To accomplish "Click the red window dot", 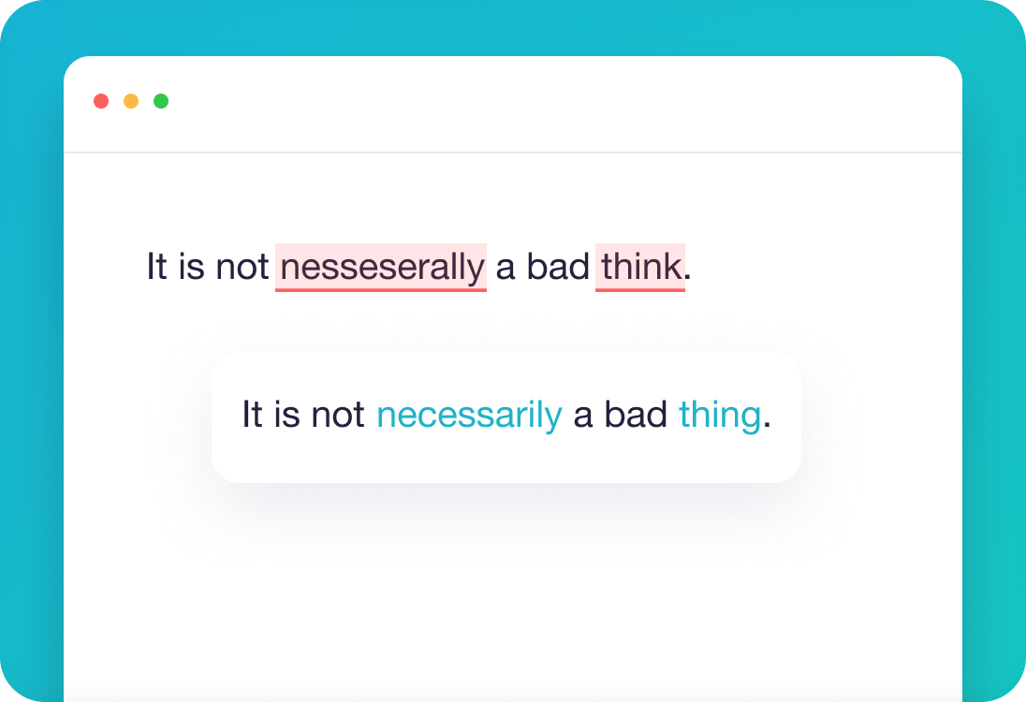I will [x=101, y=101].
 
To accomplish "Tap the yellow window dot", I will [x=131, y=101].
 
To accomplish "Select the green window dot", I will [x=161, y=101].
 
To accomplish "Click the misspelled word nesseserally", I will [x=381, y=268].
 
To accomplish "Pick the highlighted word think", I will [x=640, y=268].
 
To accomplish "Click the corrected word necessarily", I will [x=469, y=415].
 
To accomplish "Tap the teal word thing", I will [x=719, y=415].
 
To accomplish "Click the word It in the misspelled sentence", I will [x=156, y=268].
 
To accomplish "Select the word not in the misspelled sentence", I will [x=242, y=268].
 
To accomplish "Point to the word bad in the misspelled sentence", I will [x=558, y=268].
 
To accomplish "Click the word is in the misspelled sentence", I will [x=191, y=268].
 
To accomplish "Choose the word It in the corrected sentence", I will [x=252, y=415].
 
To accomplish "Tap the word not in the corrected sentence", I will [x=338, y=415].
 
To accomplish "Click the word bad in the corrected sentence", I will [x=636, y=415].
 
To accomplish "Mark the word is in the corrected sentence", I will [x=286, y=415].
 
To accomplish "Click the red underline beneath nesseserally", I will [x=381, y=290].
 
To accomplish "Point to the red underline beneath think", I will [x=640, y=290].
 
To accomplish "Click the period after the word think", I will [x=688, y=278].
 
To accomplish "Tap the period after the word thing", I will [x=767, y=425].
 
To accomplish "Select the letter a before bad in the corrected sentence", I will [x=583, y=417].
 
